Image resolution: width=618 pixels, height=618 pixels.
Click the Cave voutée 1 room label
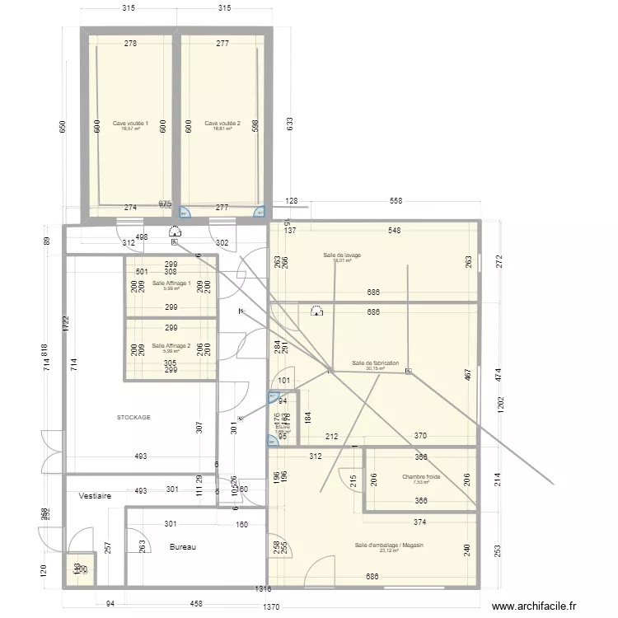coord(130,123)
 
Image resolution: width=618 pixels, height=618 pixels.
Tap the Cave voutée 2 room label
coord(222,123)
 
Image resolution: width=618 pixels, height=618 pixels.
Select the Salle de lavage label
coord(343,255)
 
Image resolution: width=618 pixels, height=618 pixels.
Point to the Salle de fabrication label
coord(375,363)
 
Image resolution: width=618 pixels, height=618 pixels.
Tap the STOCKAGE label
coord(133,418)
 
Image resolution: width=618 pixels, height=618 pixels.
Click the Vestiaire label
coord(95,497)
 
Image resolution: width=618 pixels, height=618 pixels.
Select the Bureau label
coord(183,546)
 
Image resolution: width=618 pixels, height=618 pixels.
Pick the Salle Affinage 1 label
coord(171,283)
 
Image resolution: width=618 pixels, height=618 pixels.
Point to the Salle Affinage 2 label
coord(171,346)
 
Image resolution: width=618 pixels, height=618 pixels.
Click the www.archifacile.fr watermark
coord(545,606)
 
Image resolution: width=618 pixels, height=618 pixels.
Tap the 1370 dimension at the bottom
coord(272,607)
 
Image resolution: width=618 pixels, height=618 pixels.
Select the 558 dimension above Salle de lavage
coord(396,202)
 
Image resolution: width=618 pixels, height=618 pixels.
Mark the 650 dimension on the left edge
coord(63,129)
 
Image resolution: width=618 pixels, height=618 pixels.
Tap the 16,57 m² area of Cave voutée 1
coord(130,129)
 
